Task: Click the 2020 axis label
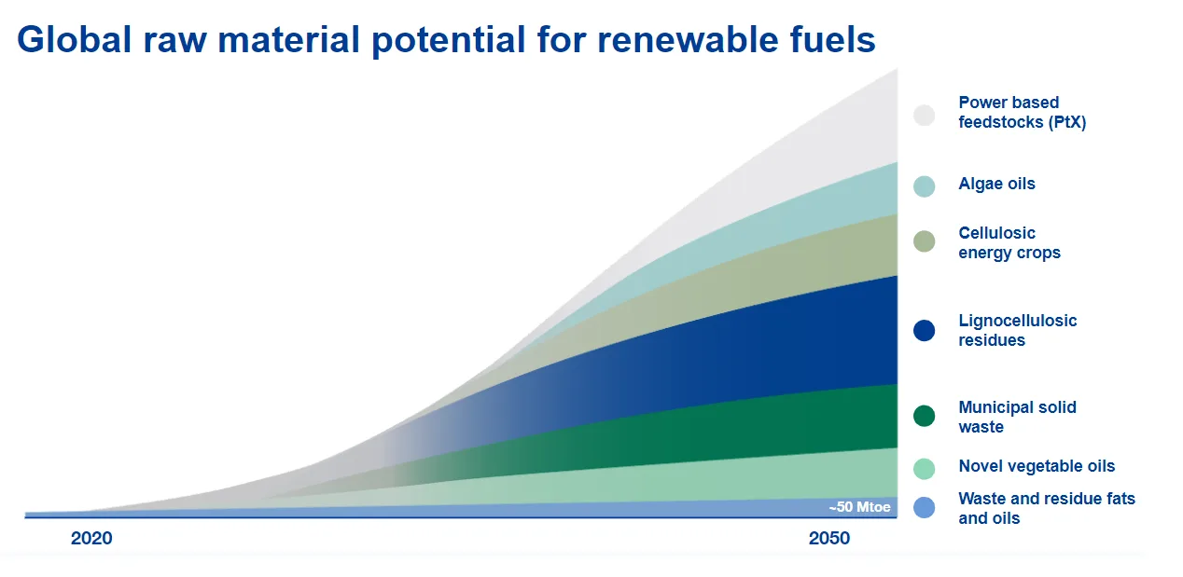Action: (x=91, y=539)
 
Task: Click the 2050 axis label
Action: (x=829, y=539)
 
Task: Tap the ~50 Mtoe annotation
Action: (x=859, y=508)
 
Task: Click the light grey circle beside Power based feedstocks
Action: (x=924, y=115)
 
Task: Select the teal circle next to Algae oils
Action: (x=924, y=186)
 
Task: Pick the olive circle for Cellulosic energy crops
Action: (x=924, y=241)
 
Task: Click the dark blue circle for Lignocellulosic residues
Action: (x=924, y=330)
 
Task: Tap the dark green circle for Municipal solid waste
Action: (x=924, y=416)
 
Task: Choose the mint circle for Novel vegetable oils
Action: (x=924, y=468)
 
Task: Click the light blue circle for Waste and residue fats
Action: (x=924, y=508)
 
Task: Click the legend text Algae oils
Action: (x=996, y=184)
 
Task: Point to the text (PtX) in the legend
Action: (x=1065, y=122)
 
